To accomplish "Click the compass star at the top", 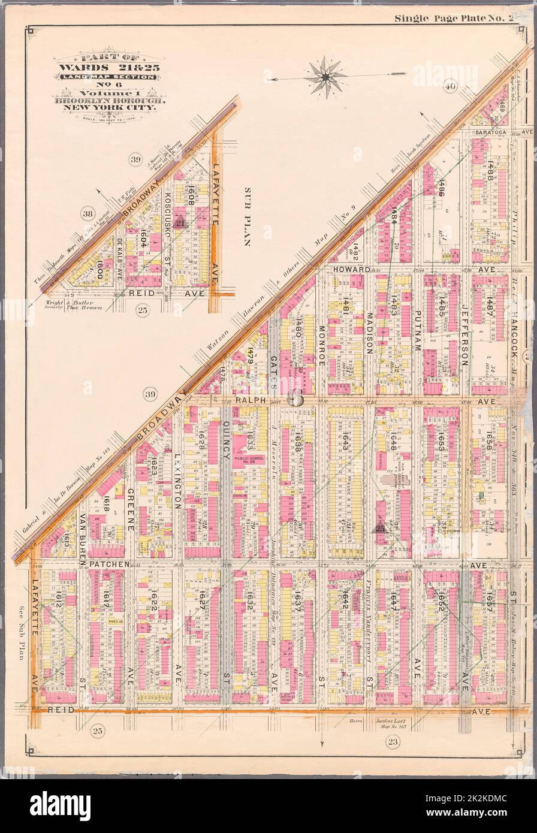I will point(324,77).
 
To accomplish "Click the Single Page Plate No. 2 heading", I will point(454,18).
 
